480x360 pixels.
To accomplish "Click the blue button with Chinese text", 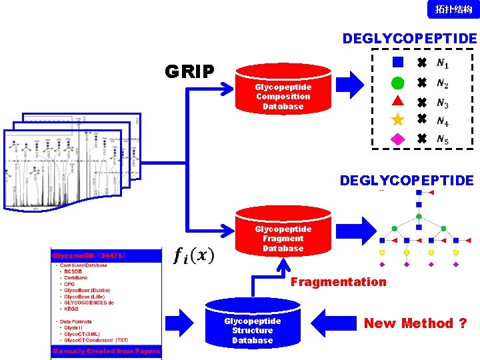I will click(x=453, y=9).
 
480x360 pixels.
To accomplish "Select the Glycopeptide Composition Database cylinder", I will click(x=283, y=90).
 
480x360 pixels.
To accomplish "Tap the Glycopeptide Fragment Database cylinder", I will click(x=283, y=233).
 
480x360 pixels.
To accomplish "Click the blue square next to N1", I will click(x=397, y=63).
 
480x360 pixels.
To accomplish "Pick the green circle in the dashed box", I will click(x=397, y=83).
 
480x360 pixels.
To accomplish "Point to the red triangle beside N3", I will click(x=397, y=102).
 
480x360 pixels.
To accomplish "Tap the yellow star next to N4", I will click(x=397, y=120).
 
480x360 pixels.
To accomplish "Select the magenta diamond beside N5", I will click(x=397, y=139).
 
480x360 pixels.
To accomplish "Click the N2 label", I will click(x=443, y=85).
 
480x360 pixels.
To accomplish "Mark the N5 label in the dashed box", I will click(x=443, y=140).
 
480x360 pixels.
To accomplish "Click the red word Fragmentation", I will click(x=338, y=282).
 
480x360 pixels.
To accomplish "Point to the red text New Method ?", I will click(x=415, y=323).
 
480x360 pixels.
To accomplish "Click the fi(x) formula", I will click(x=194, y=255).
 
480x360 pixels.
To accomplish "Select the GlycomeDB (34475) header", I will click(x=87, y=255).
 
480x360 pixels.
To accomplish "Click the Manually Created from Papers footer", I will click(x=106, y=351).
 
